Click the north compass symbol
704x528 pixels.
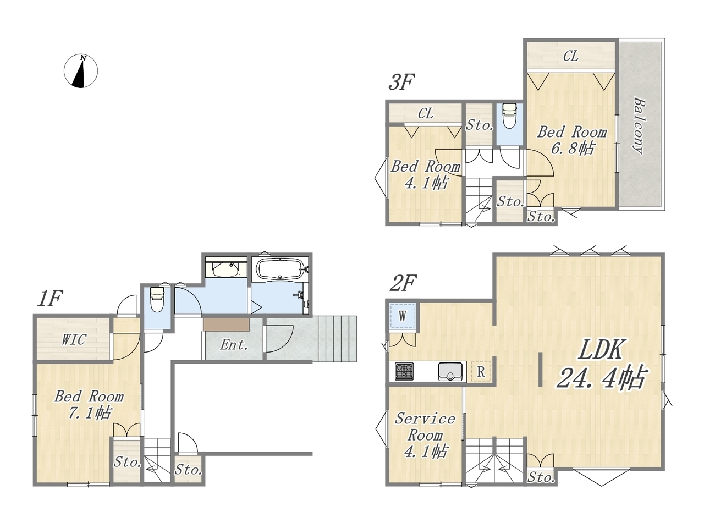click(80, 71)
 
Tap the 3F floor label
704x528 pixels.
click(402, 82)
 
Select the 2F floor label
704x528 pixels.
click(403, 283)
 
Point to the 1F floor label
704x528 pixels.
click(50, 299)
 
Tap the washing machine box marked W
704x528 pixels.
click(403, 316)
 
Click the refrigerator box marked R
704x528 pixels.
click(481, 372)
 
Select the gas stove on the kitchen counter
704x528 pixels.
click(404, 371)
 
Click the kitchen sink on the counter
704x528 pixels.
click(450, 371)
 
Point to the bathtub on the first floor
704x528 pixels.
click(280, 269)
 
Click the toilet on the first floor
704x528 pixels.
click(157, 299)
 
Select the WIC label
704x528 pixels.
click(74, 339)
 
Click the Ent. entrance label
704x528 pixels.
click(234, 345)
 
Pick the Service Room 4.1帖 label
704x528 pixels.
click(425, 436)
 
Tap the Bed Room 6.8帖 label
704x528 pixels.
click(572, 140)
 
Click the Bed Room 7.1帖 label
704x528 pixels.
click(89, 405)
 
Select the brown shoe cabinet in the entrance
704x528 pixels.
click(226, 324)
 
